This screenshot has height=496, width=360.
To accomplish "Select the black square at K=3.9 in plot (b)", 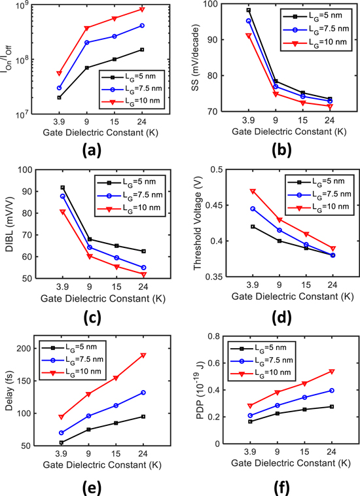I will coord(249,10).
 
